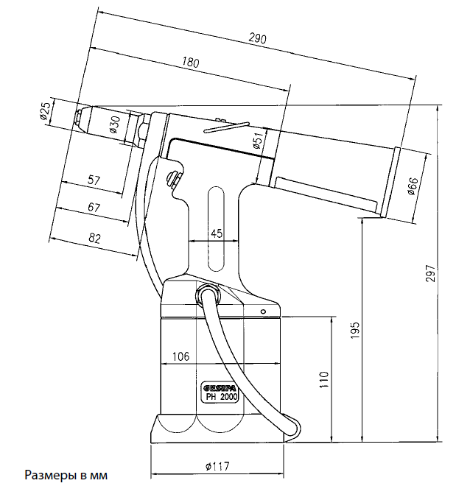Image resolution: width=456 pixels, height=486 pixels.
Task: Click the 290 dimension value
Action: [257, 38]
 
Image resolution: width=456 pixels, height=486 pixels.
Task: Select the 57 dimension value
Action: [94, 180]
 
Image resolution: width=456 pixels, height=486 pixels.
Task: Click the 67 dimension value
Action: [94, 208]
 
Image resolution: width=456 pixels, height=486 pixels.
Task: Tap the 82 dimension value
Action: [94, 237]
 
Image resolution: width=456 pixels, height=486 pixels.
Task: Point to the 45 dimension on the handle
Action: [217, 233]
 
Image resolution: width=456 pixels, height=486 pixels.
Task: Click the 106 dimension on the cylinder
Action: [181, 356]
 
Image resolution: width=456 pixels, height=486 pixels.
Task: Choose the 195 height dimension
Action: [354, 328]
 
